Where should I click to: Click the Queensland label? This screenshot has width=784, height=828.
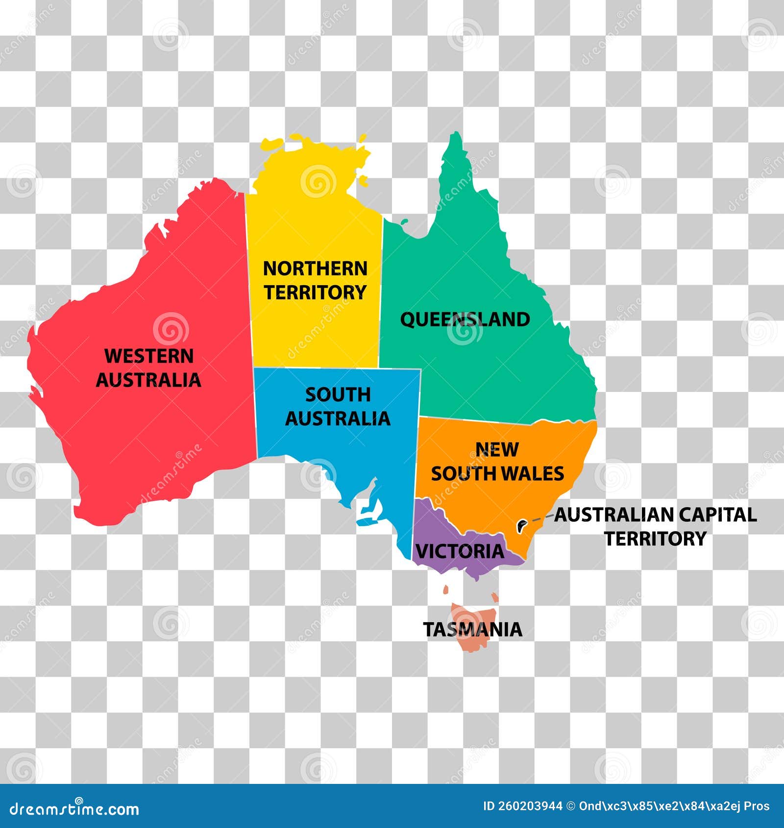[x=465, y=319]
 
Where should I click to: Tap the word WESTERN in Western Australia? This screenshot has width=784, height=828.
[x=149, y=356]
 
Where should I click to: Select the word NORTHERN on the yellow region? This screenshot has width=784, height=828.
[x=315, y=268]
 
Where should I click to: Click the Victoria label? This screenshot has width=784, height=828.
[x=460, y=552]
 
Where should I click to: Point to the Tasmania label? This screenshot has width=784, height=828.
[x=472, y=630]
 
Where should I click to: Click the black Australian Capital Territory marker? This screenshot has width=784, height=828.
[x=521, y=527]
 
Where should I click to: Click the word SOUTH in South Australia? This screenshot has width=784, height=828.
[x=338, y=395]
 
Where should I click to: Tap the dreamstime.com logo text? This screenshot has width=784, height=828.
[x=74, y=809]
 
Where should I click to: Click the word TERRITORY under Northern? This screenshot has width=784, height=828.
[x=315, y=292]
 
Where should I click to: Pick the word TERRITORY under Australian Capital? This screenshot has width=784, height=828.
[x=655, y=539]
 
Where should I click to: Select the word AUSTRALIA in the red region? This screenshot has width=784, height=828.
[x=148, y=380]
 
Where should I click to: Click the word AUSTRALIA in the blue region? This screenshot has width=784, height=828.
[x=338, y=419]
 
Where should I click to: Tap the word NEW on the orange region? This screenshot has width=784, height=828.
[x=497, y=450]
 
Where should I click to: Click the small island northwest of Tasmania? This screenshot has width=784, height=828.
[x=446, y=590]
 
